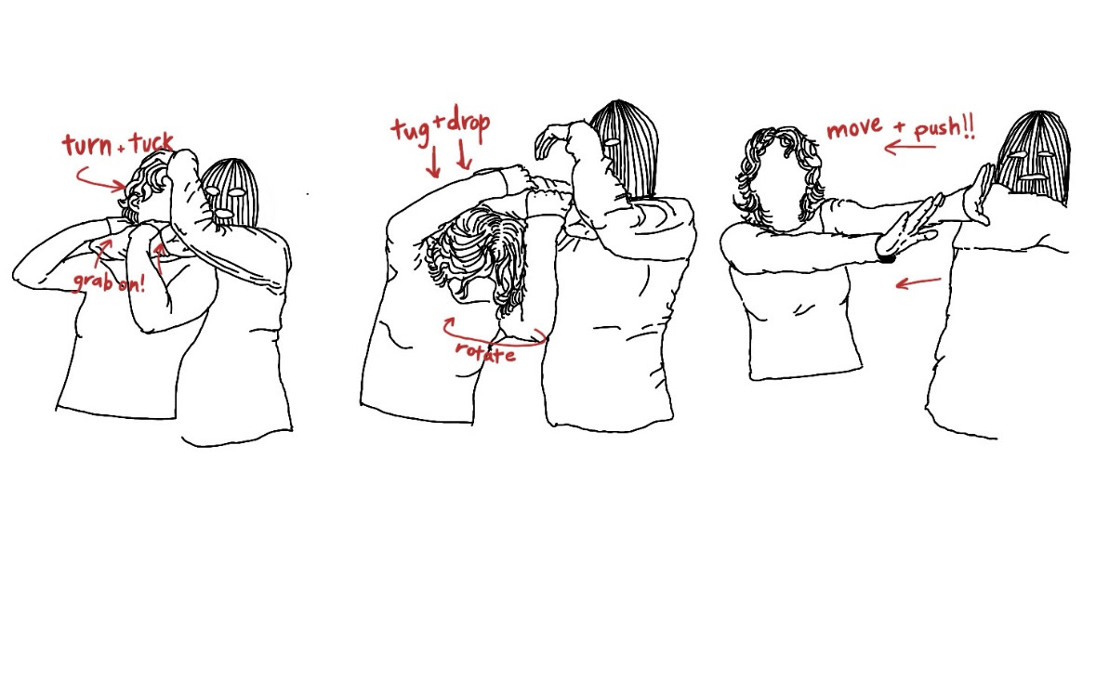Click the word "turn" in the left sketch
point(87,145)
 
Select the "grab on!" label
point(109,281)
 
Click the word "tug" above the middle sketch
point(411,131)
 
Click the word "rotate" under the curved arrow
point(486,352)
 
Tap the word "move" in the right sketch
point(854,128)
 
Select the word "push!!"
point(944,128)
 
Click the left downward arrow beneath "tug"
point(433,162)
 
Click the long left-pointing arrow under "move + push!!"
point(910,148)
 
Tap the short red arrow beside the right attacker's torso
point(918,282)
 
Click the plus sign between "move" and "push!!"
point(899,128)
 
